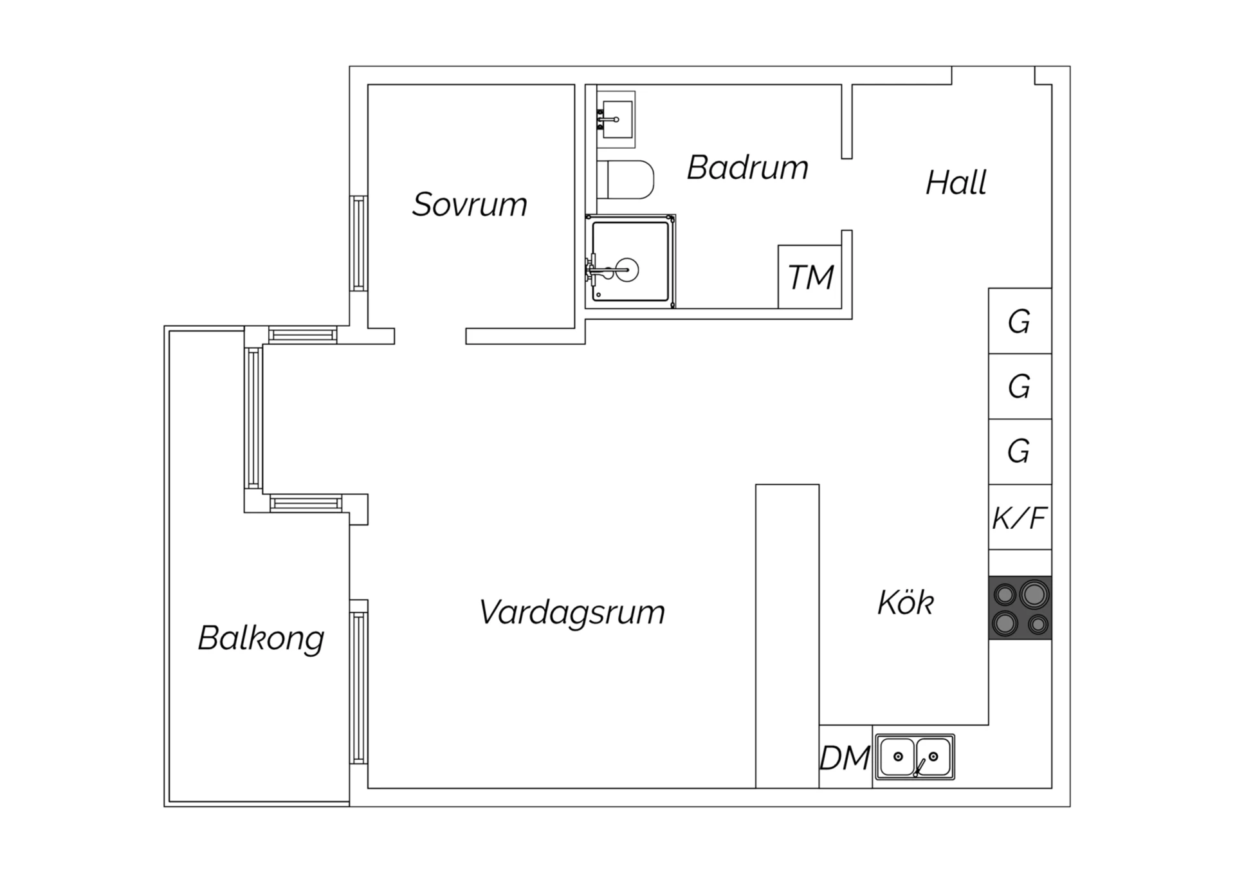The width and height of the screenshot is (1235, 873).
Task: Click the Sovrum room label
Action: pyautogui.click(x=470, y=205)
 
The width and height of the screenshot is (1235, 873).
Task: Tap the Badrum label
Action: pyautogui.click(x=747, y=167)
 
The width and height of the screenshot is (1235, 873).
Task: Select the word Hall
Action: pyautogui.click(x=956, y=183)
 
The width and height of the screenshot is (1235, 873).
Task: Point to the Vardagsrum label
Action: pyautogui.click(x=572, y=612)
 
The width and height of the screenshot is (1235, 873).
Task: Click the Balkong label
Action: pyautogui.click(x=261, y=638)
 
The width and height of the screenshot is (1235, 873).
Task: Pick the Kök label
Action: pyautogui.click(x=906, y=603)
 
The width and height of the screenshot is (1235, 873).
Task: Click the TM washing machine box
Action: pyautogui.click(x=810, y=277)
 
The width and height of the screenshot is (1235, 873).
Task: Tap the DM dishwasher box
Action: pyautogui.click(x=846, y=757)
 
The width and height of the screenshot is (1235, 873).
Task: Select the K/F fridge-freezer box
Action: pyautogui.click(x=1020, y=517)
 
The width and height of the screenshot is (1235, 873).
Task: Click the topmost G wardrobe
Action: pyautogui.click(x=1020, y=321)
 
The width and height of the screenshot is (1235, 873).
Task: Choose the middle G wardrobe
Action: pyautogui.click(x=1020, y=387)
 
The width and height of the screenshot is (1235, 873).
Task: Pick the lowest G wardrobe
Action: pyautogui.click(x=1020, y=452)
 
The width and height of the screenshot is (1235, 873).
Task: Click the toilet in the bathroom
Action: pyautogui.click(x=625, y=179)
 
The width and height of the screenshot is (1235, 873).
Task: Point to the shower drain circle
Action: pyautogui.click(x=627, y=270)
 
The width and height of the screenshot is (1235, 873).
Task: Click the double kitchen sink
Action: pyautogui.click(x=915, y=757)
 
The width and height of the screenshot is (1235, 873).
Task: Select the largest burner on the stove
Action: pyautogui.click(x=1034, y=594)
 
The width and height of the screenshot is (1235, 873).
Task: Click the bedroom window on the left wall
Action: pyautogui.click(x=358, y=243)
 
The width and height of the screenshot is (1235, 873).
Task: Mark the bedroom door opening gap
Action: pyautogui.click(x=430, y=336)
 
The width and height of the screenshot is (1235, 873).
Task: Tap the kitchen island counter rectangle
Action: pyautogui.click(x=787, y=636)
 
